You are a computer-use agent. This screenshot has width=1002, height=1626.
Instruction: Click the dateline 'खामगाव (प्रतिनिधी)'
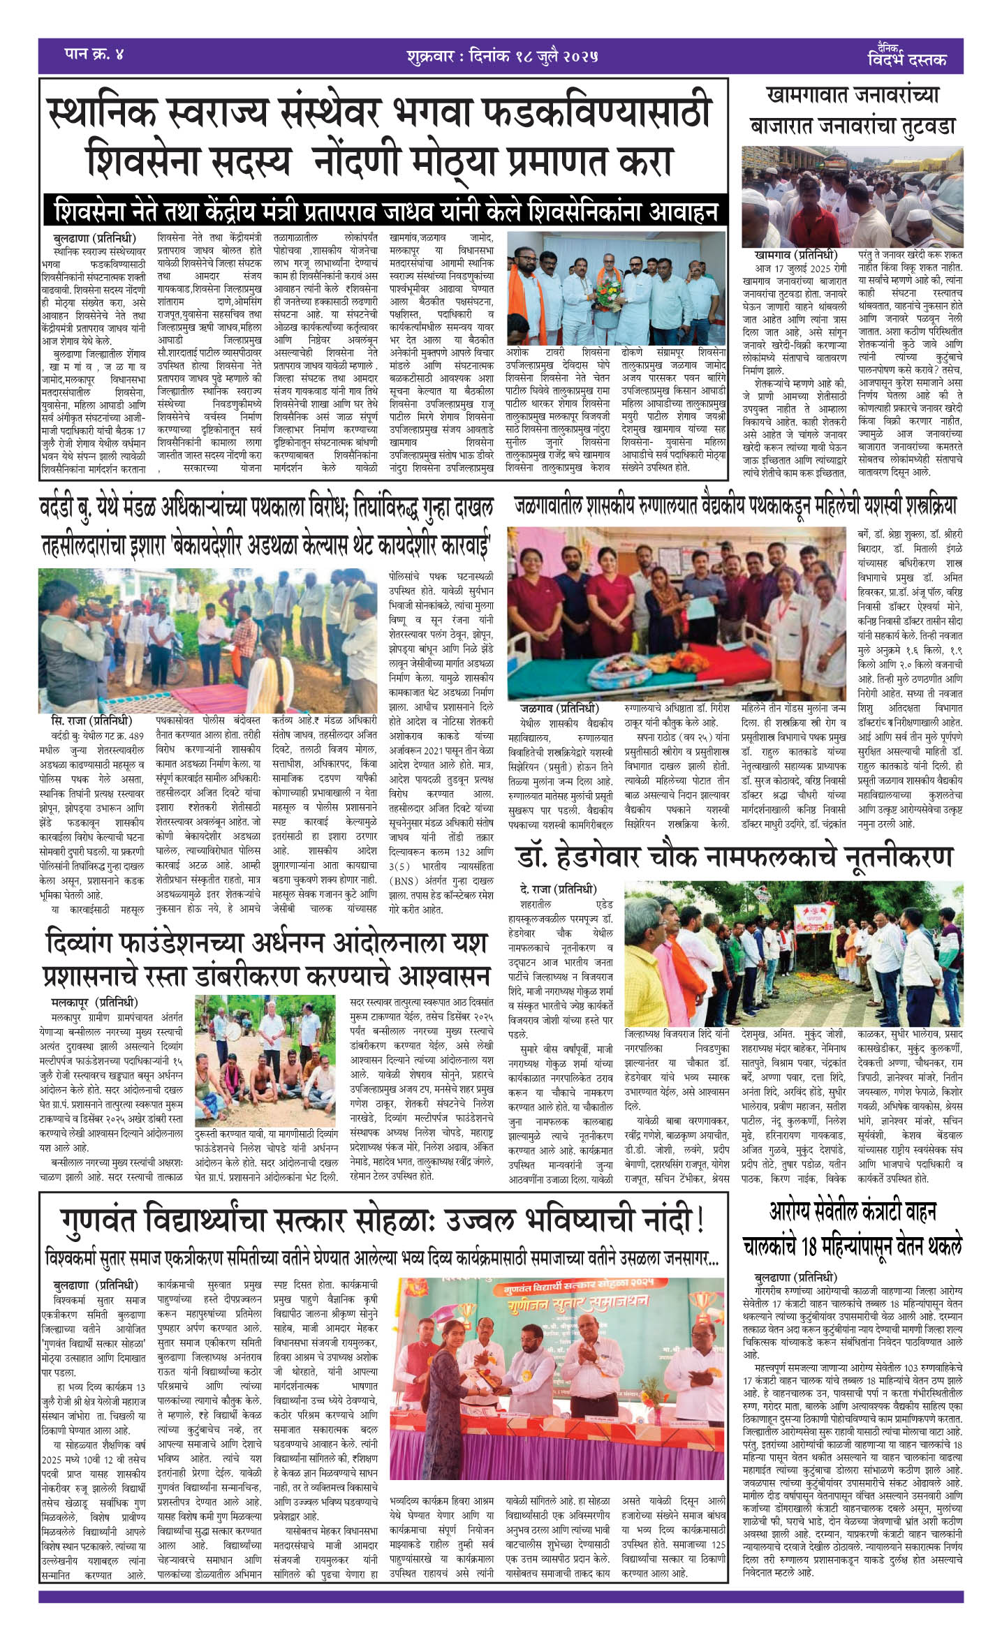(795, 255)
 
